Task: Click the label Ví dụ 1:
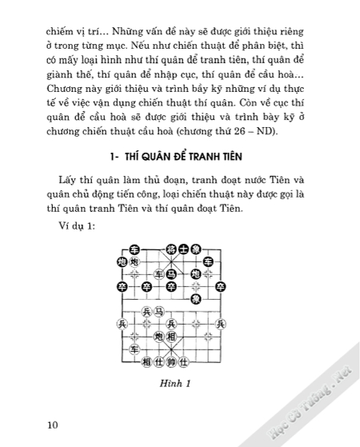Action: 77,227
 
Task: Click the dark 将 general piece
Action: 170,249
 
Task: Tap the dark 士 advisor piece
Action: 182,249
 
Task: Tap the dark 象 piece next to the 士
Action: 194,249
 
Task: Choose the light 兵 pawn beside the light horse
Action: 146,312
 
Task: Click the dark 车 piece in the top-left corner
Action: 134,249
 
